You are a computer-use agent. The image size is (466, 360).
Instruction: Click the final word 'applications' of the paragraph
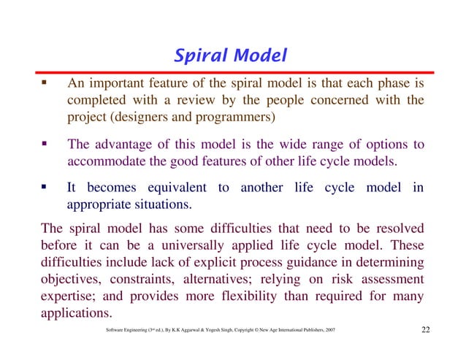click(x=74, y=315)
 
